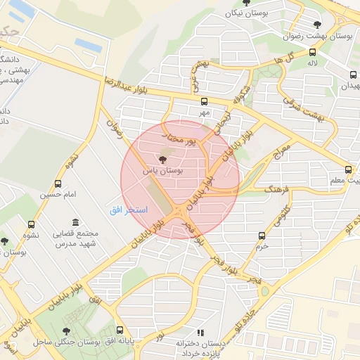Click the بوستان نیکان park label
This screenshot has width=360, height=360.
pos(245,13)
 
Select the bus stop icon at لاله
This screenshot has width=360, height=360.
pos(312,51)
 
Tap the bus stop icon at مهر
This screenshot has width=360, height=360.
pos(204,101)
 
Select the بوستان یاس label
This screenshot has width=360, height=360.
pos(162,170)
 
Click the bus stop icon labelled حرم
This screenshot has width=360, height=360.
pos(262,236)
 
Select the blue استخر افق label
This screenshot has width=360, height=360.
pos(128,210)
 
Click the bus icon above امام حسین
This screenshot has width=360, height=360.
pos(58,184)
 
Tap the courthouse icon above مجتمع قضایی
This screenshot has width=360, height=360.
pos(57,223)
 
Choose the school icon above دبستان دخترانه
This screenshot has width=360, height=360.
pos(200,332)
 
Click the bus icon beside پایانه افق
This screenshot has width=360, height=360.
pos(120,330)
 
